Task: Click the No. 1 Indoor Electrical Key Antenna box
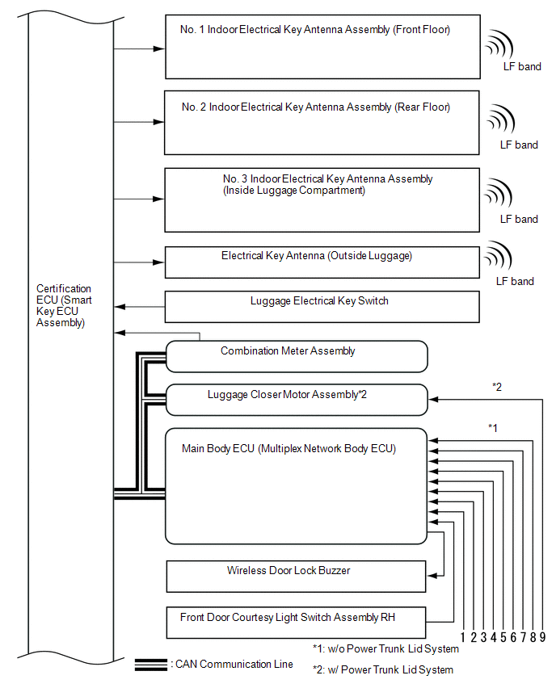[322, 46]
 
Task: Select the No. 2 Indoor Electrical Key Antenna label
[316, 107]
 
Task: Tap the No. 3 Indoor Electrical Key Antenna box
[322, 200]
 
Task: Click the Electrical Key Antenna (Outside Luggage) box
[322, 262]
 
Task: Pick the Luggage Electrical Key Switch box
[322, 307]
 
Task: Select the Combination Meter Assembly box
[296, 355]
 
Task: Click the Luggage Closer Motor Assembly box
[296, 399]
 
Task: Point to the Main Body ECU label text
[289, 449]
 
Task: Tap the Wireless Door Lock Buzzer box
[296, 576]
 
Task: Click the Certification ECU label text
[64, 305]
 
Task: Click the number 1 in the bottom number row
[462, 637]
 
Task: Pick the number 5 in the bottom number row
[503, 637]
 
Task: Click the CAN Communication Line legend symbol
[151, 665]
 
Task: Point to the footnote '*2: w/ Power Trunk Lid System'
[383, 669]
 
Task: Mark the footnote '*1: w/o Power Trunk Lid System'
[385, 648]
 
